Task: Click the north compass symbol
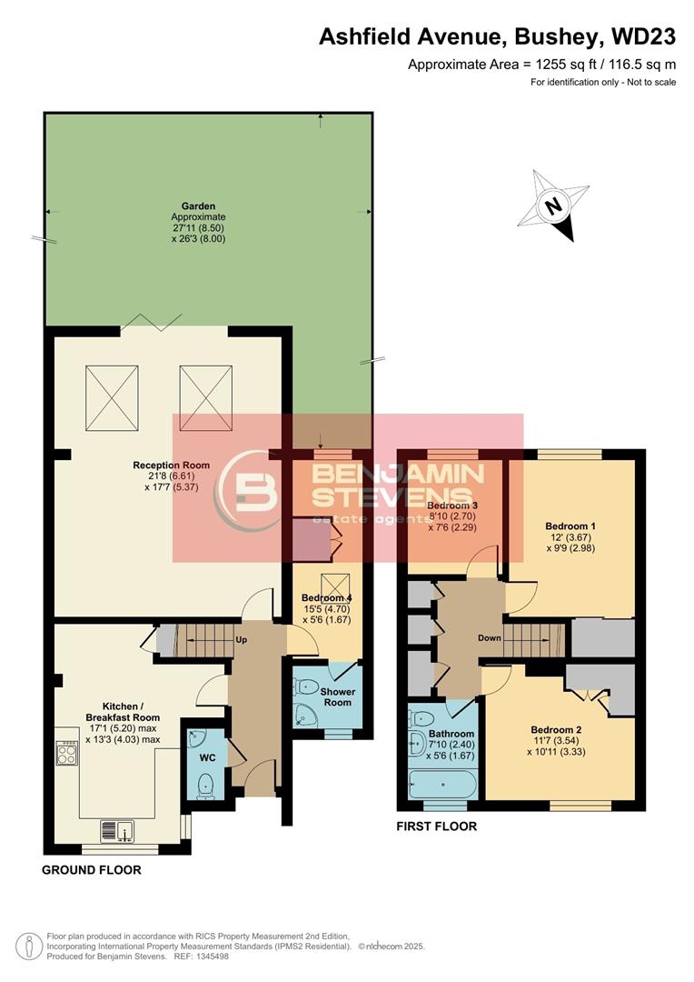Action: [551, 206]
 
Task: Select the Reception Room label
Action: [171, 466]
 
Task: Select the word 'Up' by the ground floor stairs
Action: [243, 639]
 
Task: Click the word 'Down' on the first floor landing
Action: [490, 637]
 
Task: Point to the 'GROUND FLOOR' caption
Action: [92, 870]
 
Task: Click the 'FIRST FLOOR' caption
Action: [437, 827]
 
